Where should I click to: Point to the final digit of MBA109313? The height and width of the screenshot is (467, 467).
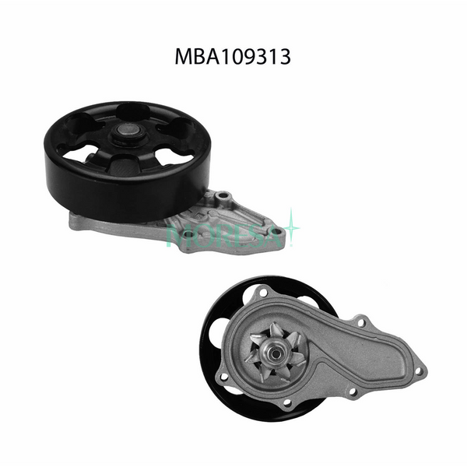[285, 57]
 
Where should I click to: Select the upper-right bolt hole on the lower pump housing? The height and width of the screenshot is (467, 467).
[360, 320]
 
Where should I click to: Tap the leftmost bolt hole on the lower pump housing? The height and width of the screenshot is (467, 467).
[225, 377]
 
